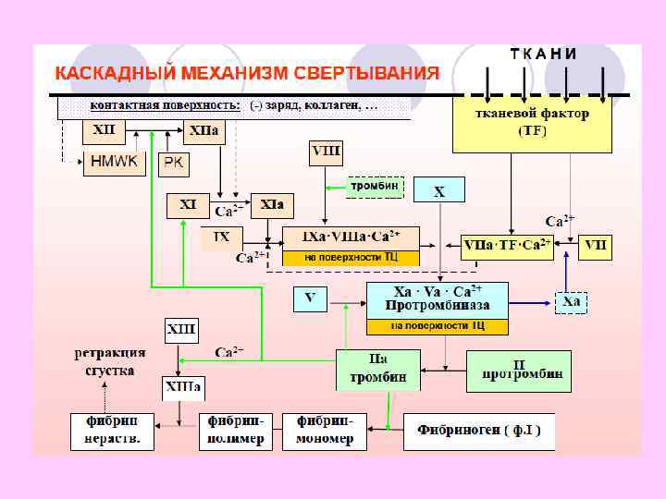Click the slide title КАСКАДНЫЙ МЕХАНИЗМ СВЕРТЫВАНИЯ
coord(247,73)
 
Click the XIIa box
coord(204,133)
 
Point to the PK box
coord(173,164)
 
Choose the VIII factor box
coord(327,152)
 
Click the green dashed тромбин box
coord(375,187)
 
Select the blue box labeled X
coord(439,190)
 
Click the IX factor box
coord(222,237)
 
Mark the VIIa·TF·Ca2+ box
coord(507,247)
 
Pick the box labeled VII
coord(596,247)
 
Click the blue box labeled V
coord(310,298)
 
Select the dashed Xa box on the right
coord(571,302)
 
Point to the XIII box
coord(180,330)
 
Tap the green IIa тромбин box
coord(377,370)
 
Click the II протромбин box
coord(518,370)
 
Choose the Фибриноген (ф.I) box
coord(478,431)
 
